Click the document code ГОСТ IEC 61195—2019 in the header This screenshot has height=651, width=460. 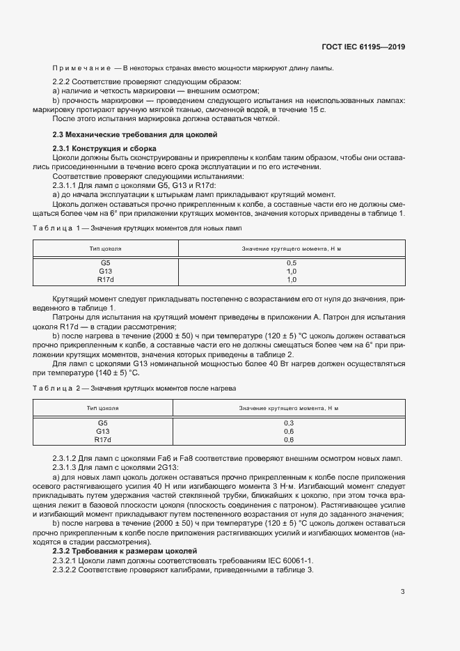363,47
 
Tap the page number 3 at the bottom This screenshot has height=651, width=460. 403,593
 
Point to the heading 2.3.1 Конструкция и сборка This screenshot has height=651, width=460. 104,149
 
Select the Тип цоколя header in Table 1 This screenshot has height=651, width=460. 105,249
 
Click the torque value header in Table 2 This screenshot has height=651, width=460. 288,408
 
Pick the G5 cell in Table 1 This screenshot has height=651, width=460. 105,263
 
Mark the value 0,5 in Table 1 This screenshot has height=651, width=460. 292,263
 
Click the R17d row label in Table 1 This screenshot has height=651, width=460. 105,280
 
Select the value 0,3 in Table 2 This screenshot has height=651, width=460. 288,423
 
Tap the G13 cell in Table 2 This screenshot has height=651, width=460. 102,431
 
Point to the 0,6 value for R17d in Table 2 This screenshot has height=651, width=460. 288,439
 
